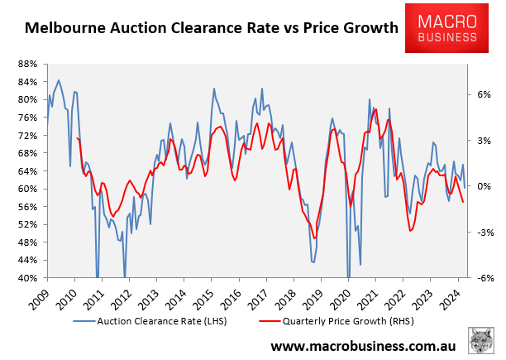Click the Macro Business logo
[451, 28]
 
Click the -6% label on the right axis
[483, 278]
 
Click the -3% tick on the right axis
[483, 233]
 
